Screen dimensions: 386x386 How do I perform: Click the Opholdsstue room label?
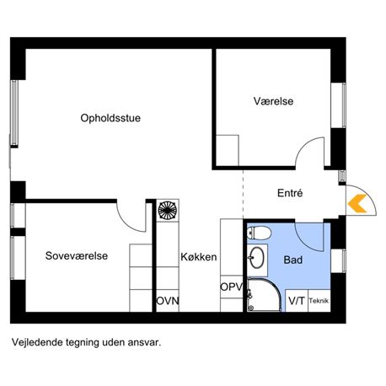click(110, 118)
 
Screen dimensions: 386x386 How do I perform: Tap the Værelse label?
click(273, 101)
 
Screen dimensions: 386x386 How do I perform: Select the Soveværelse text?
click(77, 255)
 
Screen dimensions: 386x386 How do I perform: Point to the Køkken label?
click(199, 257)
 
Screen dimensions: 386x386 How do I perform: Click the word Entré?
click(290, 193)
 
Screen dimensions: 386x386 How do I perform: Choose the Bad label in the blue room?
click(293, 260)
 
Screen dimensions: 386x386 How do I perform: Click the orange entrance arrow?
click(357, 203)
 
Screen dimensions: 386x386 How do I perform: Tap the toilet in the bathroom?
click(259, 233)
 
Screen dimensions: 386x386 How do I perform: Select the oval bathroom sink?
click(257, 257)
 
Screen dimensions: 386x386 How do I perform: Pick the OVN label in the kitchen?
click(168, 301)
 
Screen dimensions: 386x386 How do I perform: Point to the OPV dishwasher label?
click(231, 287)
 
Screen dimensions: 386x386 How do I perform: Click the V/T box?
click(297, 301)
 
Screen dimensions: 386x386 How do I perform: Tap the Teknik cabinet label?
click(319, 301)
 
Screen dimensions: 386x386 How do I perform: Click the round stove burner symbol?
click(168, 210)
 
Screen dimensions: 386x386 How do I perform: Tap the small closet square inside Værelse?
click(228, 150)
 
